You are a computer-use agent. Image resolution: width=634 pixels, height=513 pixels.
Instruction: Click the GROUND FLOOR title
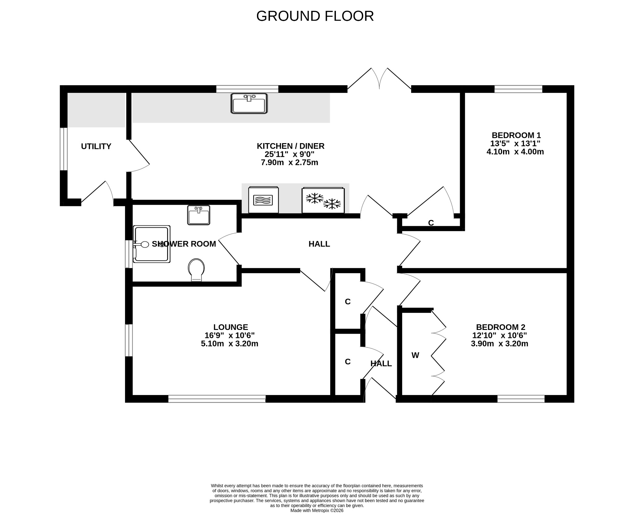pos(315,16)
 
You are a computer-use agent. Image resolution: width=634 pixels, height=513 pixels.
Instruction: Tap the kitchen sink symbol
pos(249,103)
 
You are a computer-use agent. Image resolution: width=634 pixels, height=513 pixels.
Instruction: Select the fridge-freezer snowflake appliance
pos(323,200)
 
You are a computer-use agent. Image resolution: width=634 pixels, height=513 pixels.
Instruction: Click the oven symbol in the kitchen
pos(263,200)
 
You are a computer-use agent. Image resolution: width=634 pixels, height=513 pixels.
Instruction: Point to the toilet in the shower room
pos(196,270)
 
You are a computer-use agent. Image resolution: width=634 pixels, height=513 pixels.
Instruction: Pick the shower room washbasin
pos(198,215)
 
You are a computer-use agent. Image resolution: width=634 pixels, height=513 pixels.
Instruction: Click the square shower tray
pos(152,244)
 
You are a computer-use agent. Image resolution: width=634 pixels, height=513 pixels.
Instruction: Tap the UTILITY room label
pos(96,147)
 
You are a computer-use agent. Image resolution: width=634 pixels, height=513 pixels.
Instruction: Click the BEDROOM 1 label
pos(516,135)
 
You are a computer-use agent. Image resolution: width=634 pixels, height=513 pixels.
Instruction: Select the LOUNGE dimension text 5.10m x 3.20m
pos(229,344)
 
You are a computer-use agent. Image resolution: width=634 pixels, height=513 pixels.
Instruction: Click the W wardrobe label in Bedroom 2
pos(415,355)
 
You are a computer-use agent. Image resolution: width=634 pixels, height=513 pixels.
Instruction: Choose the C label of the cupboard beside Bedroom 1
pos(431,223)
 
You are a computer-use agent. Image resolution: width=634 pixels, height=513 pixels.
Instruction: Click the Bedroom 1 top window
pos(518,89)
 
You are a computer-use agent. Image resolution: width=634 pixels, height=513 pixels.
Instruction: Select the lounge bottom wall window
pos(217,399)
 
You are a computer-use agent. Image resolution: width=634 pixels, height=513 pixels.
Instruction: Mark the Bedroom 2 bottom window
pos(521,399)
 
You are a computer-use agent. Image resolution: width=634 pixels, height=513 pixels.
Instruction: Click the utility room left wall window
pos(63,149)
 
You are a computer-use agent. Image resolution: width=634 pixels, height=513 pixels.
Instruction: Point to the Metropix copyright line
pos(317,511)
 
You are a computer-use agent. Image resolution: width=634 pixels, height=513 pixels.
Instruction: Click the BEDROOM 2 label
pos(500,327)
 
